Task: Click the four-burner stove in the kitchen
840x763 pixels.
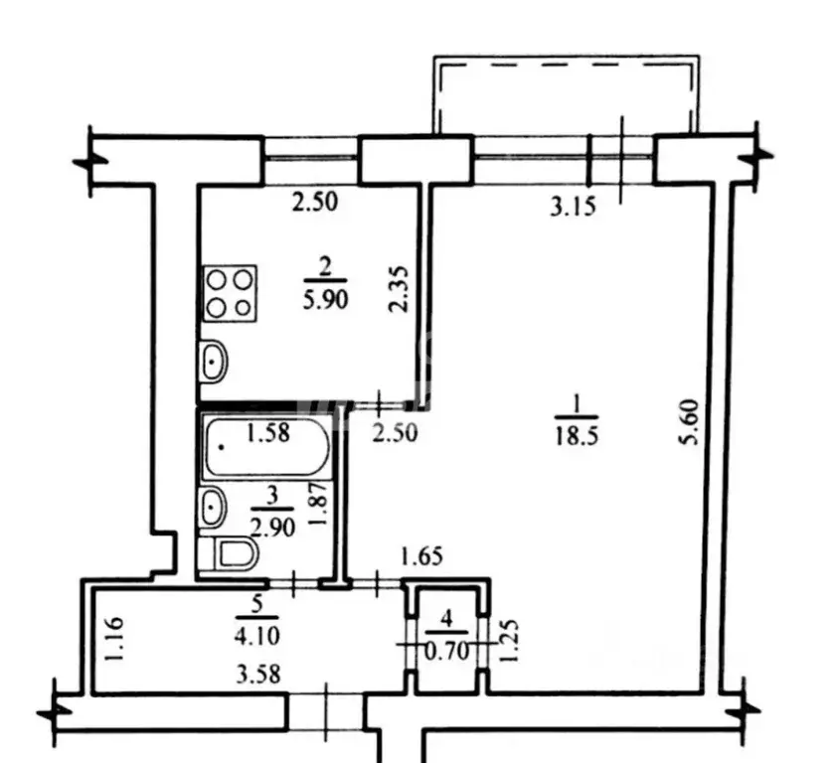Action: point(231,293)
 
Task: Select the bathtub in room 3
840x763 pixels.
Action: point(266,448)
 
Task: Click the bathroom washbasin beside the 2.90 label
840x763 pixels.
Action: point(213,506)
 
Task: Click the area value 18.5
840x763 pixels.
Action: point(577,436)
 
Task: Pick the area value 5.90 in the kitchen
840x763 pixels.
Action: point(325,300)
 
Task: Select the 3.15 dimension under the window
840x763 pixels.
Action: point(573,207)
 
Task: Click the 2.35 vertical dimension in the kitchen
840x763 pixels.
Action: point(399,289)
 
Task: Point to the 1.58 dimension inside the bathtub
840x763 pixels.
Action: point(267,432)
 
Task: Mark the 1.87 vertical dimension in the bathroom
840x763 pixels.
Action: point(318,504)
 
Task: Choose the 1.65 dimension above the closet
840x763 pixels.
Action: point(422,557)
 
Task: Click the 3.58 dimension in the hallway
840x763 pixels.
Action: point(258,675)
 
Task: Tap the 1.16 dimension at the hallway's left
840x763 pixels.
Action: point(115,640)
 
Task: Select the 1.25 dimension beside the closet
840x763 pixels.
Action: point(508,641)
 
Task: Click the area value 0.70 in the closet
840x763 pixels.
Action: point(446,652)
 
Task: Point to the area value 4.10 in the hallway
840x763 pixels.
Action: point(257,636)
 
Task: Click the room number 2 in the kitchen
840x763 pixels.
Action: point(325,267)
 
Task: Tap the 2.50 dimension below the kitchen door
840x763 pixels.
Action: point(396,432)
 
